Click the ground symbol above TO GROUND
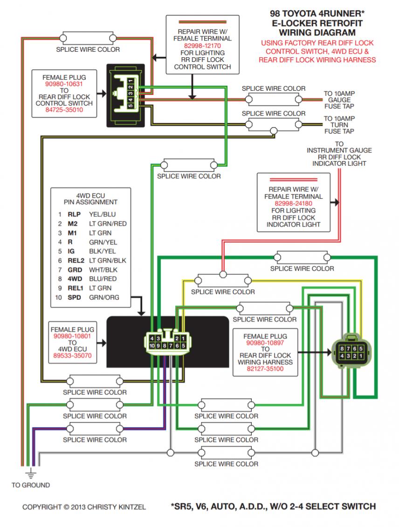tap(31, 473)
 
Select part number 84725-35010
tap(64, 110)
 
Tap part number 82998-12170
tap(202, 46)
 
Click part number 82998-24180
tap(293, 203)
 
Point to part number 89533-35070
tap(72, 356)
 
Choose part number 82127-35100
tap(265, 369)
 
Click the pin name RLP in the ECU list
tap(74, 215)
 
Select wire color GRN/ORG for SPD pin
tap(104, 297)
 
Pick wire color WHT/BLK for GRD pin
tap(103, 270)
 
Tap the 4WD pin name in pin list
tap(75, 279)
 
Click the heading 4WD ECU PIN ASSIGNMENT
tap(90, 199)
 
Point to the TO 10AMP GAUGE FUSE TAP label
tap(339, 100)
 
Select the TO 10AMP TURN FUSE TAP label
tap(339, 125)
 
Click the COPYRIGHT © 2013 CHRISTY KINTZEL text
tap(84, 507)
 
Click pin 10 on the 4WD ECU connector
tap(152, 345)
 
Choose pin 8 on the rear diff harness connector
tap(342, 349)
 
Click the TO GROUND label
tap(31, 485)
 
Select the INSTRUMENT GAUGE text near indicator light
tap(339, 150)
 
